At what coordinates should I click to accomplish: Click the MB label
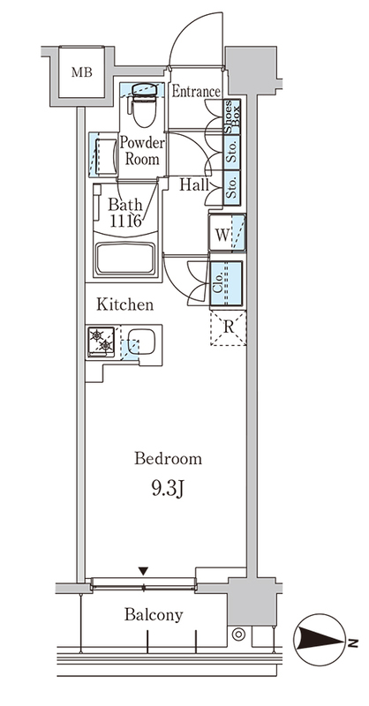[x=81, y=72]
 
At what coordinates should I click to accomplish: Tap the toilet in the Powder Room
[x=144, y=105]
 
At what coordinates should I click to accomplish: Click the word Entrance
[x=196, y=92]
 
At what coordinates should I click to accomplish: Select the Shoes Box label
[x=232, y=116]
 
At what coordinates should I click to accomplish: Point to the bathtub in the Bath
[x=125, y=259]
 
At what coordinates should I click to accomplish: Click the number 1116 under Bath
[x=125, y=222]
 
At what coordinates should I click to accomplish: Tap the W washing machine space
[x=227, y=233]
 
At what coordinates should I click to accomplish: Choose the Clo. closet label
[x=216, y=283]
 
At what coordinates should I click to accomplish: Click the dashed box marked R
[x=229, y=327]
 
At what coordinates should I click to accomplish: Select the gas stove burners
[x=102, y=341]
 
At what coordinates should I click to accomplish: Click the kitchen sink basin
[x=141, y=342]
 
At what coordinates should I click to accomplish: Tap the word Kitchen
[x=125, y=304]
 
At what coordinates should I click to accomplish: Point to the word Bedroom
[x=168, y=459]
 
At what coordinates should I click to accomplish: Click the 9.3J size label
[x=167, y=490]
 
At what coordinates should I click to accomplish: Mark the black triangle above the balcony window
[x=143, y=571]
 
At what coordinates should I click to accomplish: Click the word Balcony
[x=154, y=614]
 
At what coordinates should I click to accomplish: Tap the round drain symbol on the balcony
[x=238, y=635]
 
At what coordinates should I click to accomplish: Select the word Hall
[x=194, y=184]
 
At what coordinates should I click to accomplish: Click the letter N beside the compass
[x=353, y=643]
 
